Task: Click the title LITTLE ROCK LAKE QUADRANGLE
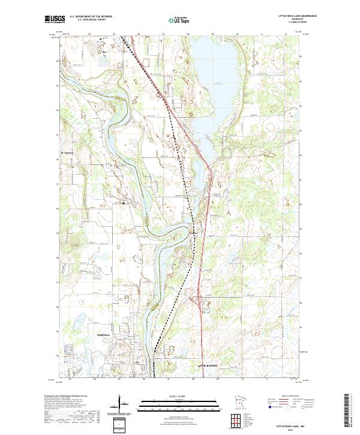[x=298, y=16]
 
